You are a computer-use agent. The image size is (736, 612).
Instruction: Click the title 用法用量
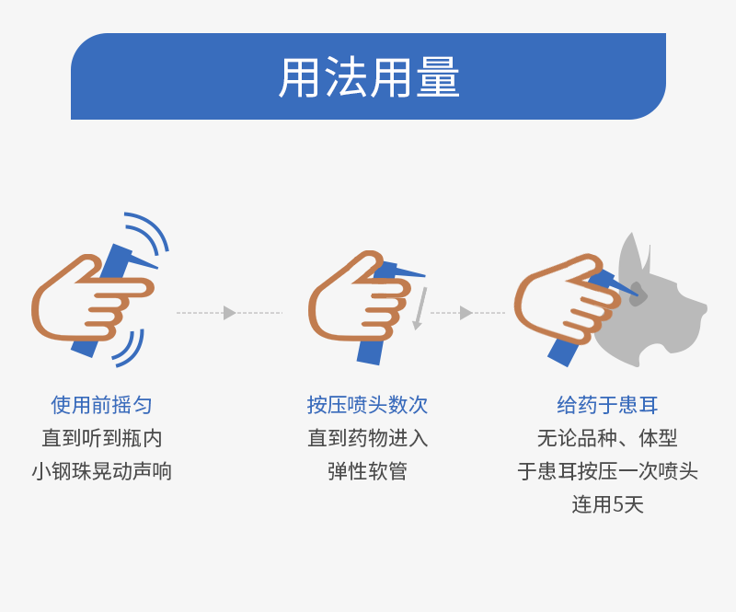tap(369, 77)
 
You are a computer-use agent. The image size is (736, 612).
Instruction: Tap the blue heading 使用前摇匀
tap(101, 405)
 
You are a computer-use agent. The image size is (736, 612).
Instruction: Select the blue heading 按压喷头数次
tap(367, 405)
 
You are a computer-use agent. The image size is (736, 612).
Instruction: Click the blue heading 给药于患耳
tap(607, 405)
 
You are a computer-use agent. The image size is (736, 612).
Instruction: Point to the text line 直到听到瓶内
tap(101, 438)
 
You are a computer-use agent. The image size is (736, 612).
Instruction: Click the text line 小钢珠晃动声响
tap(101, 471)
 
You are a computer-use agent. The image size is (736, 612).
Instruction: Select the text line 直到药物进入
tap(367, 438)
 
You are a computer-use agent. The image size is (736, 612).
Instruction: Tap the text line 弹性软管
tap(367, 471)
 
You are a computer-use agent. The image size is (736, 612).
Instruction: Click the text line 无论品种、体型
tap(607, 438)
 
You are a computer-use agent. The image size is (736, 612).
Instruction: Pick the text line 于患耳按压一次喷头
tap(607, 471)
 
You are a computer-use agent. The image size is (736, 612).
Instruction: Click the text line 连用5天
tap(607, 504)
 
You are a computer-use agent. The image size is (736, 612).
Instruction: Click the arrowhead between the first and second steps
tap(229, 313)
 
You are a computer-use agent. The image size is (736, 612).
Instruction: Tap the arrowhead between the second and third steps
tap(466, 313)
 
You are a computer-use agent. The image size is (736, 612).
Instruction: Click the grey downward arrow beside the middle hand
tap(420, 309)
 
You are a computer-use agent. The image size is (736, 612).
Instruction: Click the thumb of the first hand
tap(78, 271)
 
